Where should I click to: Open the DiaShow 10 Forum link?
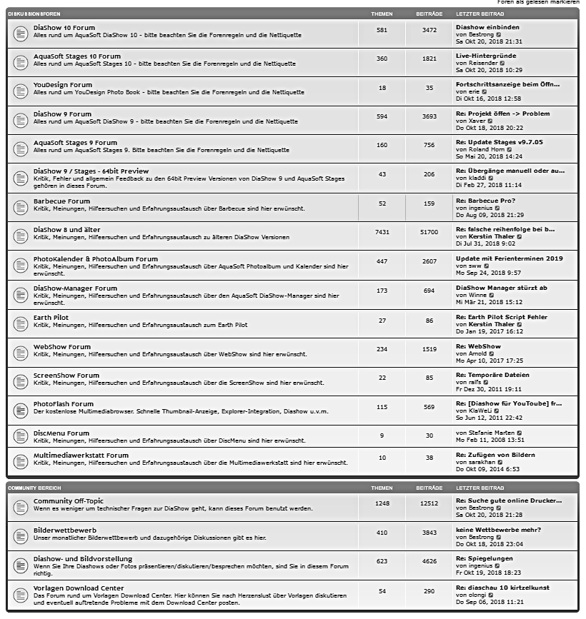tap(64, 28)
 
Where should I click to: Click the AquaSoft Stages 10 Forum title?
tap(77, 56)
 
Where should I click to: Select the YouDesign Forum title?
tap(63, 85)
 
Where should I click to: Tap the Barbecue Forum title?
tap(61, 201)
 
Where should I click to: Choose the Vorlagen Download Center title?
tap(79, 588)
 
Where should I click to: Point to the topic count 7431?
tap(382, 232)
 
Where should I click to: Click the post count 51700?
tap(429, 232)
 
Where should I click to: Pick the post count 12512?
tap(429, 503)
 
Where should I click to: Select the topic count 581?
tap(382, 30)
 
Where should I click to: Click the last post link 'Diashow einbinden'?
tap(487, 27)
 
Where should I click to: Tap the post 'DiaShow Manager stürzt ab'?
tap(501, 288)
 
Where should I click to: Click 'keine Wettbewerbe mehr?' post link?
tap(498, 530)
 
